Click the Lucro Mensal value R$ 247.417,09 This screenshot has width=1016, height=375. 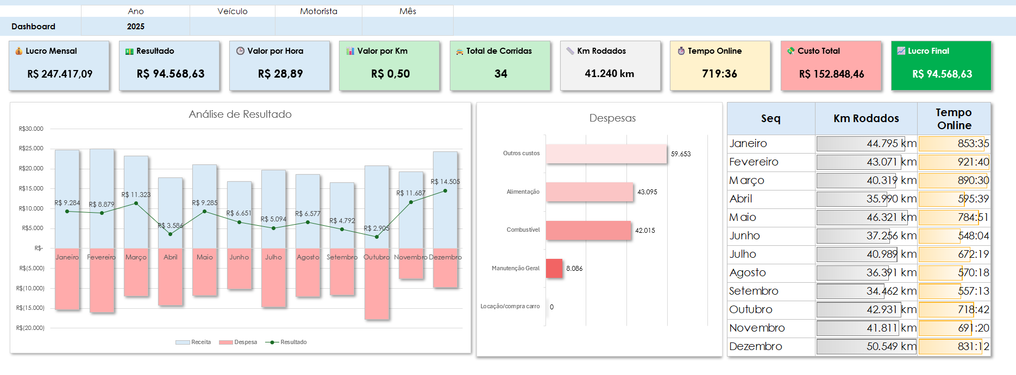pos(60,74)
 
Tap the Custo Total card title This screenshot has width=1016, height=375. pos(818,51)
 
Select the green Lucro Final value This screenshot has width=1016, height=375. pos(942,74)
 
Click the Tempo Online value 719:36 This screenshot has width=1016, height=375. pos(719,74)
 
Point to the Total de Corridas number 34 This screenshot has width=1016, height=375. pos(500,74)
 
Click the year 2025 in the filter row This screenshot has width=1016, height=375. pos(136,27)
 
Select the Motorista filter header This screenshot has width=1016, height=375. pos(318,11)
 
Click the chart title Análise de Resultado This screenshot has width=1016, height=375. pos(240,115)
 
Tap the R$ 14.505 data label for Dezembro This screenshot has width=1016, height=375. pos(445,182)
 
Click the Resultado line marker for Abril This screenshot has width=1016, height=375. pos(171,234)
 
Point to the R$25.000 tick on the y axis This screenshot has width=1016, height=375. pos(31,149)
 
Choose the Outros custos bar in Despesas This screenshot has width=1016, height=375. pos(606,154)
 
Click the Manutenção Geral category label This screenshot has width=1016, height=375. pos(516,269)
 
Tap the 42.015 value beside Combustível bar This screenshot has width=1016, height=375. pos(645,231)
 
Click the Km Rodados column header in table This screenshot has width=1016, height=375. pos(866,119)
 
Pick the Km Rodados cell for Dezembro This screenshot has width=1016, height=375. pos(866,346)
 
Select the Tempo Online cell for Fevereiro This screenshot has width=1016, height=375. pos(954,162)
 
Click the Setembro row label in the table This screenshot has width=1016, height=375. pos(754,291)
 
